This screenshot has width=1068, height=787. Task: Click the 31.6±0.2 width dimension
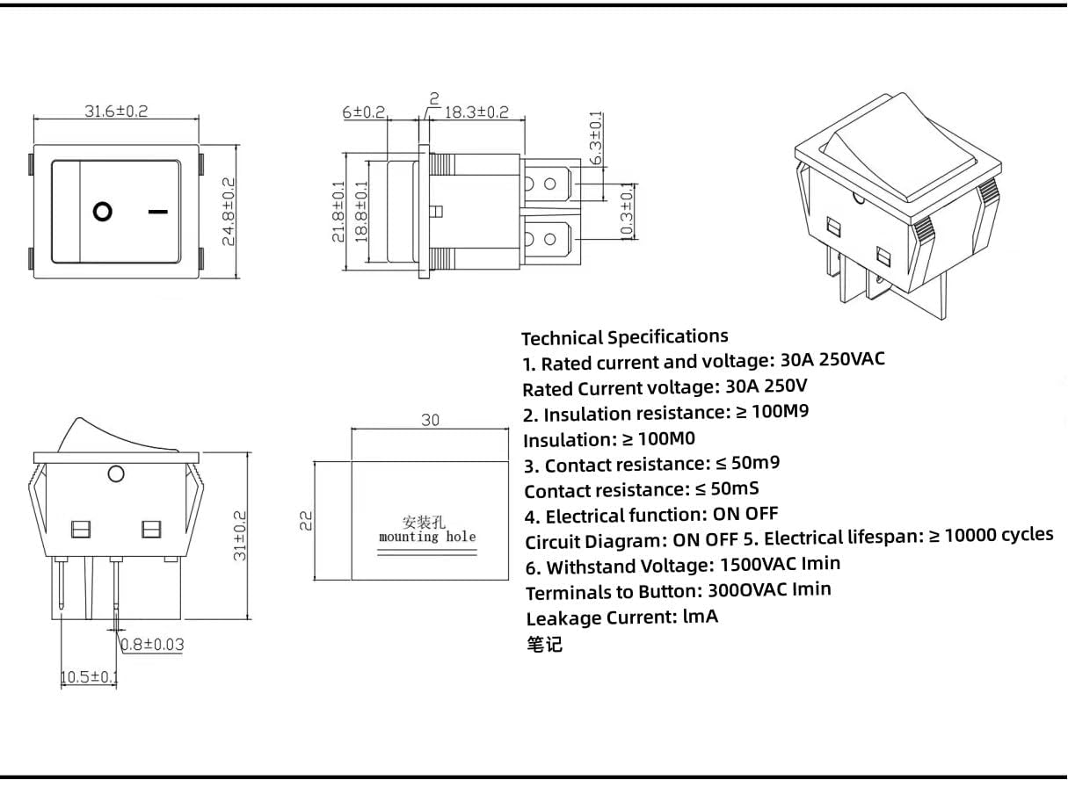pyautogui.click(x=116, y=111)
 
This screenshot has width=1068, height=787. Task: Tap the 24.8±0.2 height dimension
pyautogui.click(x=229, y=212)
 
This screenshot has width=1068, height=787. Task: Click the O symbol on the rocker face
pyautogui.click(x=103, y=212)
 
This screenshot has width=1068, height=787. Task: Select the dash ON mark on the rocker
pyautogui.click(x=158, y=211)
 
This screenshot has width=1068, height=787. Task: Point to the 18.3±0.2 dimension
pyautogui.click(x=476, y=112)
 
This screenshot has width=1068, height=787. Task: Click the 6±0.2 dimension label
pyautogui.click(x=364, y=112)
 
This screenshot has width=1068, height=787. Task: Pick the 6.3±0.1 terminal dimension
pyautogui.click(x=596, y=138)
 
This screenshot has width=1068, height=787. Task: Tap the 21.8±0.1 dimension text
pyautogui.click(x=338, y=212)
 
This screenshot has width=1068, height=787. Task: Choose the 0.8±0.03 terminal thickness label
pyautogui.click(x=152, y=645)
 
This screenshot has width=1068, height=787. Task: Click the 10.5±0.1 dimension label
pyautogui.click(x=89, y=676)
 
